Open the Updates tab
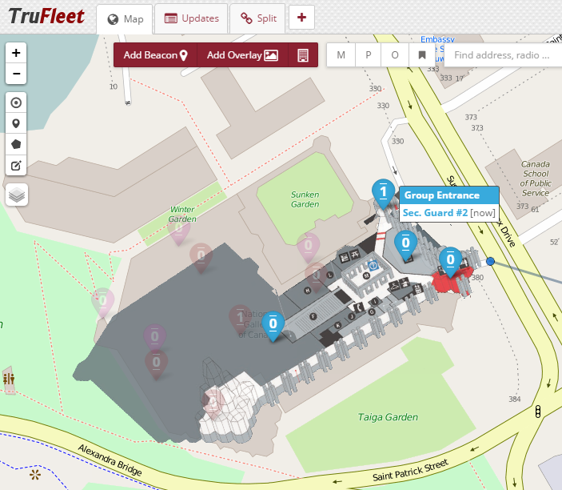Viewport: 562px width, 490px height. tap(191, 18)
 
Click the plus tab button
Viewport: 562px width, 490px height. tap(301, 18)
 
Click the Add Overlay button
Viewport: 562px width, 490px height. tap(242, 55)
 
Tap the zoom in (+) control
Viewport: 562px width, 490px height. tap(17, 52)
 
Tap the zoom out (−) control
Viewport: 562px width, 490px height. tap(17, 74)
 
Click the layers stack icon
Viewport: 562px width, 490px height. tap(17, 195)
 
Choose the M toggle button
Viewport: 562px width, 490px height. tap(341, 55)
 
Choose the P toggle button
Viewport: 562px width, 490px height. tap(369, 55)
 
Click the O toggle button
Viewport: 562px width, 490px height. tap(395, 55)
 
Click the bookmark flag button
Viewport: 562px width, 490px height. tap(421, 55)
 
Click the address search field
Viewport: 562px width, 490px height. tap(502, 55)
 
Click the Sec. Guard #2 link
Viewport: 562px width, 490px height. tap(435, 213)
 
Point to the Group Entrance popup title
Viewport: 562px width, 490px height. tap(441, 195)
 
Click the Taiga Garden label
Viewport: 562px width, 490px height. tap(388, 417)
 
